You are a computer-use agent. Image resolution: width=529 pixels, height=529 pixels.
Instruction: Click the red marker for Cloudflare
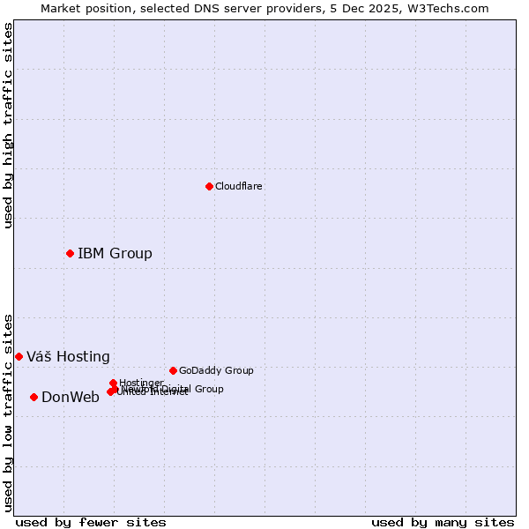click(209, 186)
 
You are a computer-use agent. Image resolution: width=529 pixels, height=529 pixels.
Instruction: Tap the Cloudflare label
click(239, 186)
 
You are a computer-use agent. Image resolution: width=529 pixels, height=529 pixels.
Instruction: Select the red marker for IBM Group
click(70, 253)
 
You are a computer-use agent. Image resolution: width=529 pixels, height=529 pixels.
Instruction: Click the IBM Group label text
click(115, 254)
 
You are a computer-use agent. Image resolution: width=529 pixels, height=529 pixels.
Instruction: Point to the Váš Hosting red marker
click(19, 356)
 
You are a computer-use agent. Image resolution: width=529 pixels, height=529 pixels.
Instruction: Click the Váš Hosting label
click(68, 357)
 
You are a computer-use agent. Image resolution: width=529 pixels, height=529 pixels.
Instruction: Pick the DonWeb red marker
click(34, 397)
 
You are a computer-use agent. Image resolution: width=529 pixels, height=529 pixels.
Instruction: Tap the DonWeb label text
click(71, 398)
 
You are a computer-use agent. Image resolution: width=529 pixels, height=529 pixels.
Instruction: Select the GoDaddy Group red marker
click(173, 370)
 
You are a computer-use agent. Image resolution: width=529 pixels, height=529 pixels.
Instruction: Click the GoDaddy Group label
click(216, 370)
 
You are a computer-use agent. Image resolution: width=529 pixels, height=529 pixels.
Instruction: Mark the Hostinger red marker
click(113, 383)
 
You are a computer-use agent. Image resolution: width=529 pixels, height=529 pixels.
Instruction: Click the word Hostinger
click(141, 383)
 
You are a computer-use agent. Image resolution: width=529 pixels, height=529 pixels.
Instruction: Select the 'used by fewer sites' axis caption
click(91, 522)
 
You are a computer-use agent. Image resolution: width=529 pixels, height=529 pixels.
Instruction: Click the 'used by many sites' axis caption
click(443, 522)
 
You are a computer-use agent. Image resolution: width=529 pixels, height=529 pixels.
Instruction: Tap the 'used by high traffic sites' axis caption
click(8, 125)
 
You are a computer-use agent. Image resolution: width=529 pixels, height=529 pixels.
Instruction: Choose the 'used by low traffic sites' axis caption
click(8, 412)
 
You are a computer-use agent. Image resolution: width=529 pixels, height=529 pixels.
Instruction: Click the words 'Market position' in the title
click(85, 8)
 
